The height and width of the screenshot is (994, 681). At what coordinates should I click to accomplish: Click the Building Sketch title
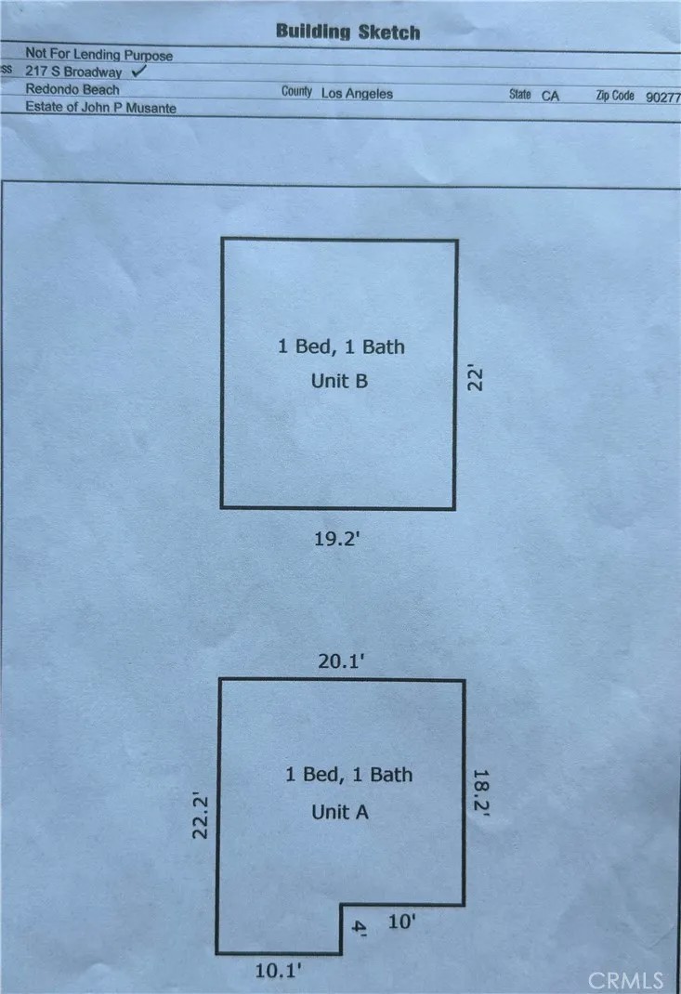click(348, 32)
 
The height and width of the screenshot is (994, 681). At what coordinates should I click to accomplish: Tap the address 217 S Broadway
click(73, 72)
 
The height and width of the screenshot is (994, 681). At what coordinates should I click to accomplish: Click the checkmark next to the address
click(138, 70)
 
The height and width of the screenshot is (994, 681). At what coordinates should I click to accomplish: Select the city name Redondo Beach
click(72, 89)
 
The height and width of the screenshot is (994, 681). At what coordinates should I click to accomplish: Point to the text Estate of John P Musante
click(101, 107)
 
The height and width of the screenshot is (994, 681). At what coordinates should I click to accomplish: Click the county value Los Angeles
click(357, 93)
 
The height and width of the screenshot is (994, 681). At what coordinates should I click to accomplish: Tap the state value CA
click(550, 96)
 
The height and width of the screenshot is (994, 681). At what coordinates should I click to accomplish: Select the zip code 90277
click(663, 97)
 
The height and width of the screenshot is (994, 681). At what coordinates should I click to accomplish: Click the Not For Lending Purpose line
click(98, 55)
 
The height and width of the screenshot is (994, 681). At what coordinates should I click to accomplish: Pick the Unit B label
click(339, 381)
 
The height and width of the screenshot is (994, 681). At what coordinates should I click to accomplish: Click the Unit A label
click(340, 812)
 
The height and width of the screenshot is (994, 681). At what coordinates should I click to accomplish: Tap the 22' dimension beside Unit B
click(475, 378)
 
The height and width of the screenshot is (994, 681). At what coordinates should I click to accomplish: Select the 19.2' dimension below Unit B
click(337, 539)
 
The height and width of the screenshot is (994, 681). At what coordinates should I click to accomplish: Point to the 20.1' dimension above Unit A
click(341, 661)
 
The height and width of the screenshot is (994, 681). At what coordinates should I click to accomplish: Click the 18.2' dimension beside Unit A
click(481, 792)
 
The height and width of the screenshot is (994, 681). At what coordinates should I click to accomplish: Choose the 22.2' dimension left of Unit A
click(201, 816)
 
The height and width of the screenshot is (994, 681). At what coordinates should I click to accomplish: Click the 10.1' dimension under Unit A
click(278, 971)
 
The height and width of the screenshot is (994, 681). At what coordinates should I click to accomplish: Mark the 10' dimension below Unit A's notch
click(401, 922)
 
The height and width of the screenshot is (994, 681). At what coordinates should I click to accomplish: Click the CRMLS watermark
click(625, 981)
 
